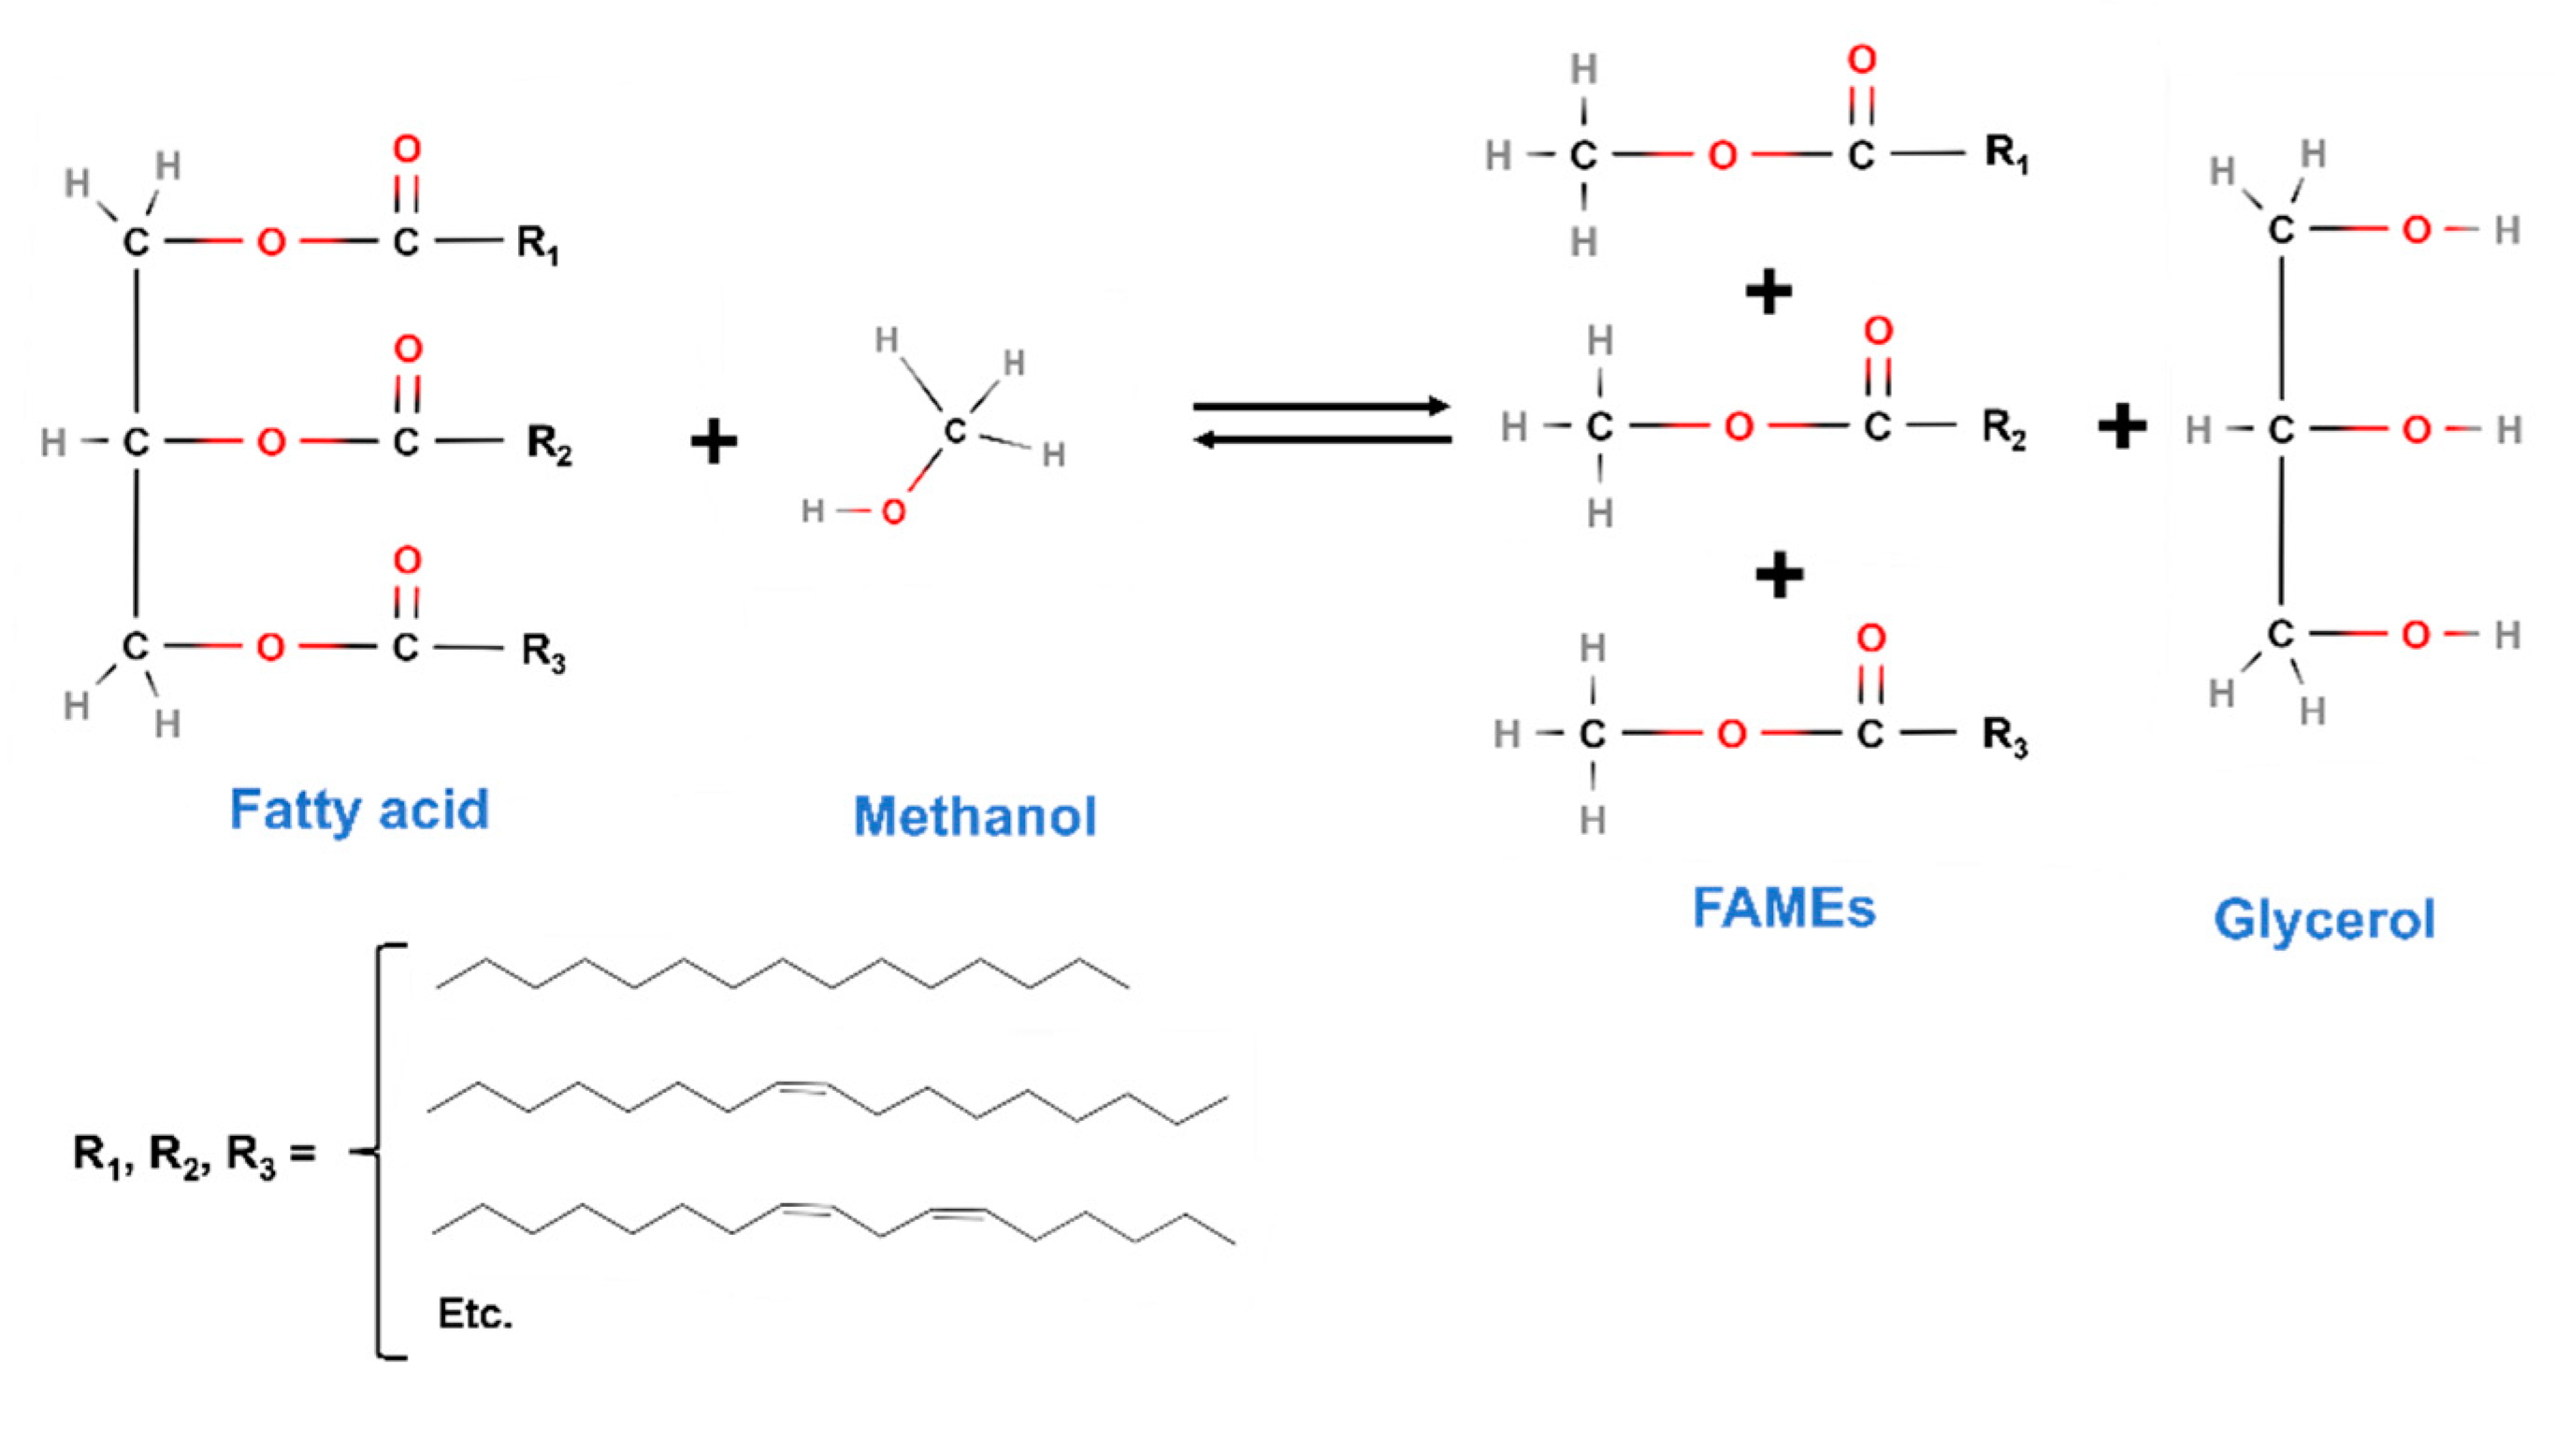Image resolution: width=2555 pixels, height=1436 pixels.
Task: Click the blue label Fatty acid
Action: coord(359,810)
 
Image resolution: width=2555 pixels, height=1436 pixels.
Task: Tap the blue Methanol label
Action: coord(975,816)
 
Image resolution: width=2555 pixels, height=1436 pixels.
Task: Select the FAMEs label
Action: coord(1783,908)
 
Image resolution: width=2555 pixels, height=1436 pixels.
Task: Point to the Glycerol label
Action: coord(2324,919)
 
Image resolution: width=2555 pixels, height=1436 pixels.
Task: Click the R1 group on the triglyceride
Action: coord(537,244)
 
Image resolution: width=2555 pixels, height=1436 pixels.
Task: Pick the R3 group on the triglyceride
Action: coord(542,652)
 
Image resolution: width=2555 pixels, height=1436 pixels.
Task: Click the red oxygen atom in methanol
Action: coord(893,511)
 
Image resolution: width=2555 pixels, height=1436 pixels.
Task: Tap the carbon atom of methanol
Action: coord(954,430)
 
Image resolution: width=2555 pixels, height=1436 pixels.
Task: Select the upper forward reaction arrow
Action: coord(1321,407)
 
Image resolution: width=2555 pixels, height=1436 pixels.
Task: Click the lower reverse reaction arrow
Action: coord(1321,439)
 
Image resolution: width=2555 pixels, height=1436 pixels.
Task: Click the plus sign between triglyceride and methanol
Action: coord(715,442)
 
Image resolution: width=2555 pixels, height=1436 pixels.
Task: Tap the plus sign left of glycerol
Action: coord(2123,428)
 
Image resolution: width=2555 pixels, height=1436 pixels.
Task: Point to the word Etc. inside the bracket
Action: coord(475,1314)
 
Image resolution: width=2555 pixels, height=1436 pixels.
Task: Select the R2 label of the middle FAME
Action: coord(2003,429)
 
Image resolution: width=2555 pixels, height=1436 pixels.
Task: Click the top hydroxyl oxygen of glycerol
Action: coord(2417,230)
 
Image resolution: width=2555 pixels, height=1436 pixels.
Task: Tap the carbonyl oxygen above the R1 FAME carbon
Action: coord(1862,61)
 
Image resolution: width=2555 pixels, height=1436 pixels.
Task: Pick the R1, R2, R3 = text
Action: coord(195,1156)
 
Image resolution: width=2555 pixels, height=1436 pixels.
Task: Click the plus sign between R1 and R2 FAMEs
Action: coord(1768,292)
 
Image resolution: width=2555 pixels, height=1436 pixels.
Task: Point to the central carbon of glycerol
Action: coord(2281,429)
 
